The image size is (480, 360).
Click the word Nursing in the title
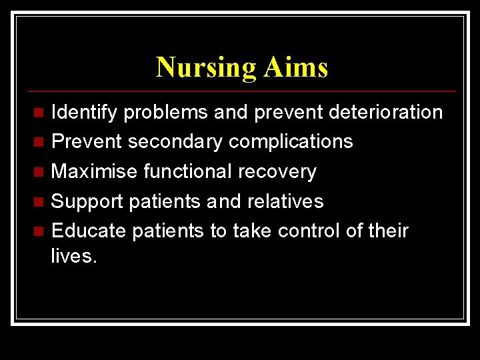point(205,68)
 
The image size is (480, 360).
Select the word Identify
point(85,113)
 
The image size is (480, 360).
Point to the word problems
point(167,113)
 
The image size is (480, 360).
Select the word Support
point(85,201)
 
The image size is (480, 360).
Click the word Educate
point(89,231)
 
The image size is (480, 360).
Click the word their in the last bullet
point(387,231)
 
